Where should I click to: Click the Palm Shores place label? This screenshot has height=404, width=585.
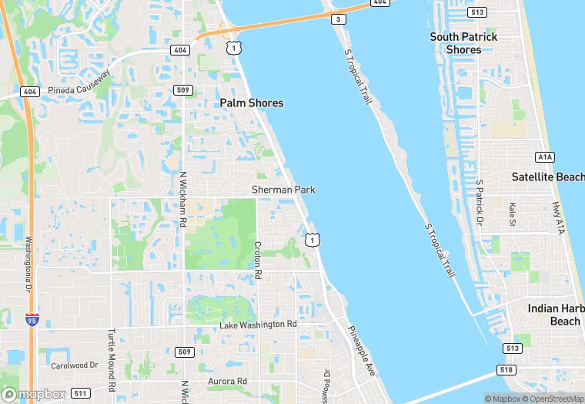[x=251, y=103]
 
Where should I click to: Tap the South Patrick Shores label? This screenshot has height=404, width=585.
[x=463, y=43]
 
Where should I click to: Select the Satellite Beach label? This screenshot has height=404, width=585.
[x=547, y=177]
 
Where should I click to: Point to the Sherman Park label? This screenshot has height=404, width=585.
[x=283, y=190]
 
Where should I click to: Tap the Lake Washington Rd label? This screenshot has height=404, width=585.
[x=258, y=325]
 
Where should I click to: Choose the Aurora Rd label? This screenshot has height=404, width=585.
[x=227, y=381]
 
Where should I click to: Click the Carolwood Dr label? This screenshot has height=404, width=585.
[x=75, y=365]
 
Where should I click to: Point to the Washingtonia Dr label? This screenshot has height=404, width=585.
[x=28, y=262]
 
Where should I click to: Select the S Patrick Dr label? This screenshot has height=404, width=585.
[x=479, y=204]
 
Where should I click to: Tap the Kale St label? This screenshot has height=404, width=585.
[x=513, y=214]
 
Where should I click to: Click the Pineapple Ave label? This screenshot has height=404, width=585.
[x=361, y=351]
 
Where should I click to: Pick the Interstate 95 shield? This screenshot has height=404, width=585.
[x=31, y=318]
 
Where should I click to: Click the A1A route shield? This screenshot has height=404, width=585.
[x=545, y=157]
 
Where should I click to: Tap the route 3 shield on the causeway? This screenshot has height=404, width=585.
[x=337, y=18]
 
